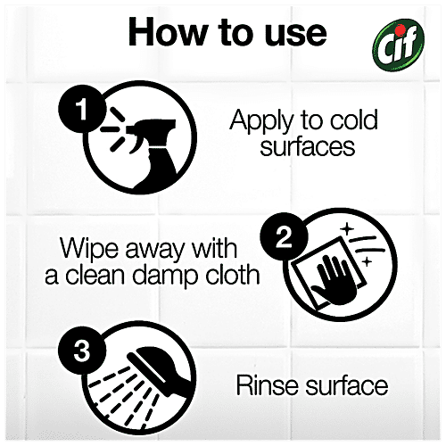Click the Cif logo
point(399,45)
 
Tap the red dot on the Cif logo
point(401,29)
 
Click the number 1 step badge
point(82,109)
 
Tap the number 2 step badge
point(284,236)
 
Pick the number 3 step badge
point(82,351)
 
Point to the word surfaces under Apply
point(308,146)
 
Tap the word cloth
point(233,274)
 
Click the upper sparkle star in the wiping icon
point(347,229)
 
